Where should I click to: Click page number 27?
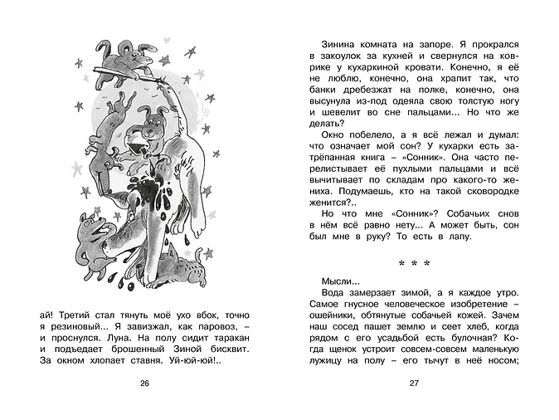pos(413,383)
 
